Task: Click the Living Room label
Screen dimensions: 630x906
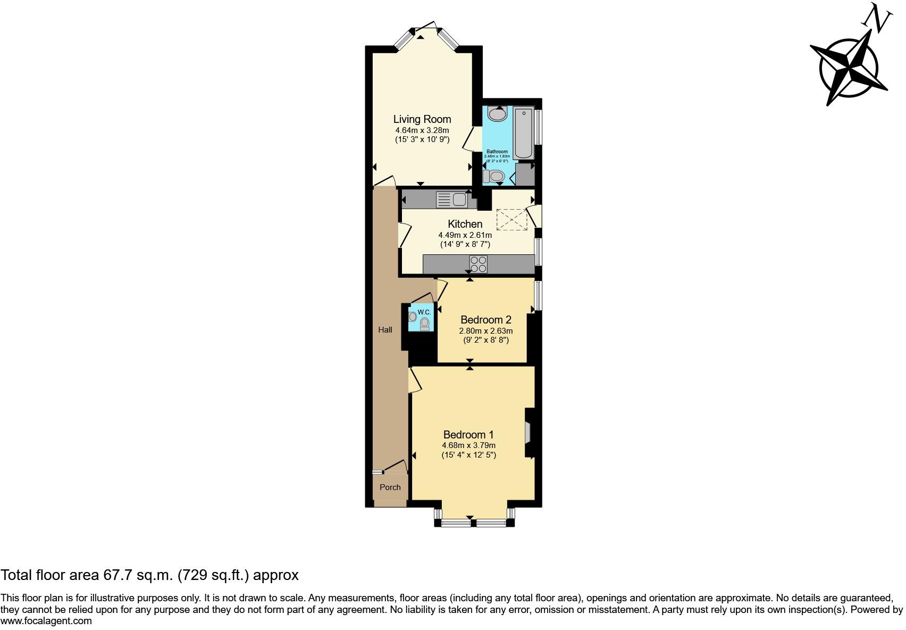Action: [422, 119]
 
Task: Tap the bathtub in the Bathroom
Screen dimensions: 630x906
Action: [524, 133]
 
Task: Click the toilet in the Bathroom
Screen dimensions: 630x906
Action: [494, 176]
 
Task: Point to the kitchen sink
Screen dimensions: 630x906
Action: [451, 200]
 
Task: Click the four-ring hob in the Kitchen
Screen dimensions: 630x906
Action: [478, 264]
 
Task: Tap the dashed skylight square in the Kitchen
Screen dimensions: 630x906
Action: [511, 219]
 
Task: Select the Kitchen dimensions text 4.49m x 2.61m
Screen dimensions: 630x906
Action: [465, 235]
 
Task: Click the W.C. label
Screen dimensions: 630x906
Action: [424, 312]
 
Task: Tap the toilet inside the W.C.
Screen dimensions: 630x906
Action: [425, 324]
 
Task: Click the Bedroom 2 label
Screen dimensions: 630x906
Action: [485, 320]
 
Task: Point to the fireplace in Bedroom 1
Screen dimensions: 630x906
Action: [528, 432]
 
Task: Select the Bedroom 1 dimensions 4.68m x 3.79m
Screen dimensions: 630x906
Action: [468, 445]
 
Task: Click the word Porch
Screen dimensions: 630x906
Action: [390, 487]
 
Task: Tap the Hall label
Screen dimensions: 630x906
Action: [385, 330]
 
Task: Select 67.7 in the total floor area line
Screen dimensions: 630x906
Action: [115, 575]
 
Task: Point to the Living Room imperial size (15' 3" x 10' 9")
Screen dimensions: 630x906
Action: [422, 139]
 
